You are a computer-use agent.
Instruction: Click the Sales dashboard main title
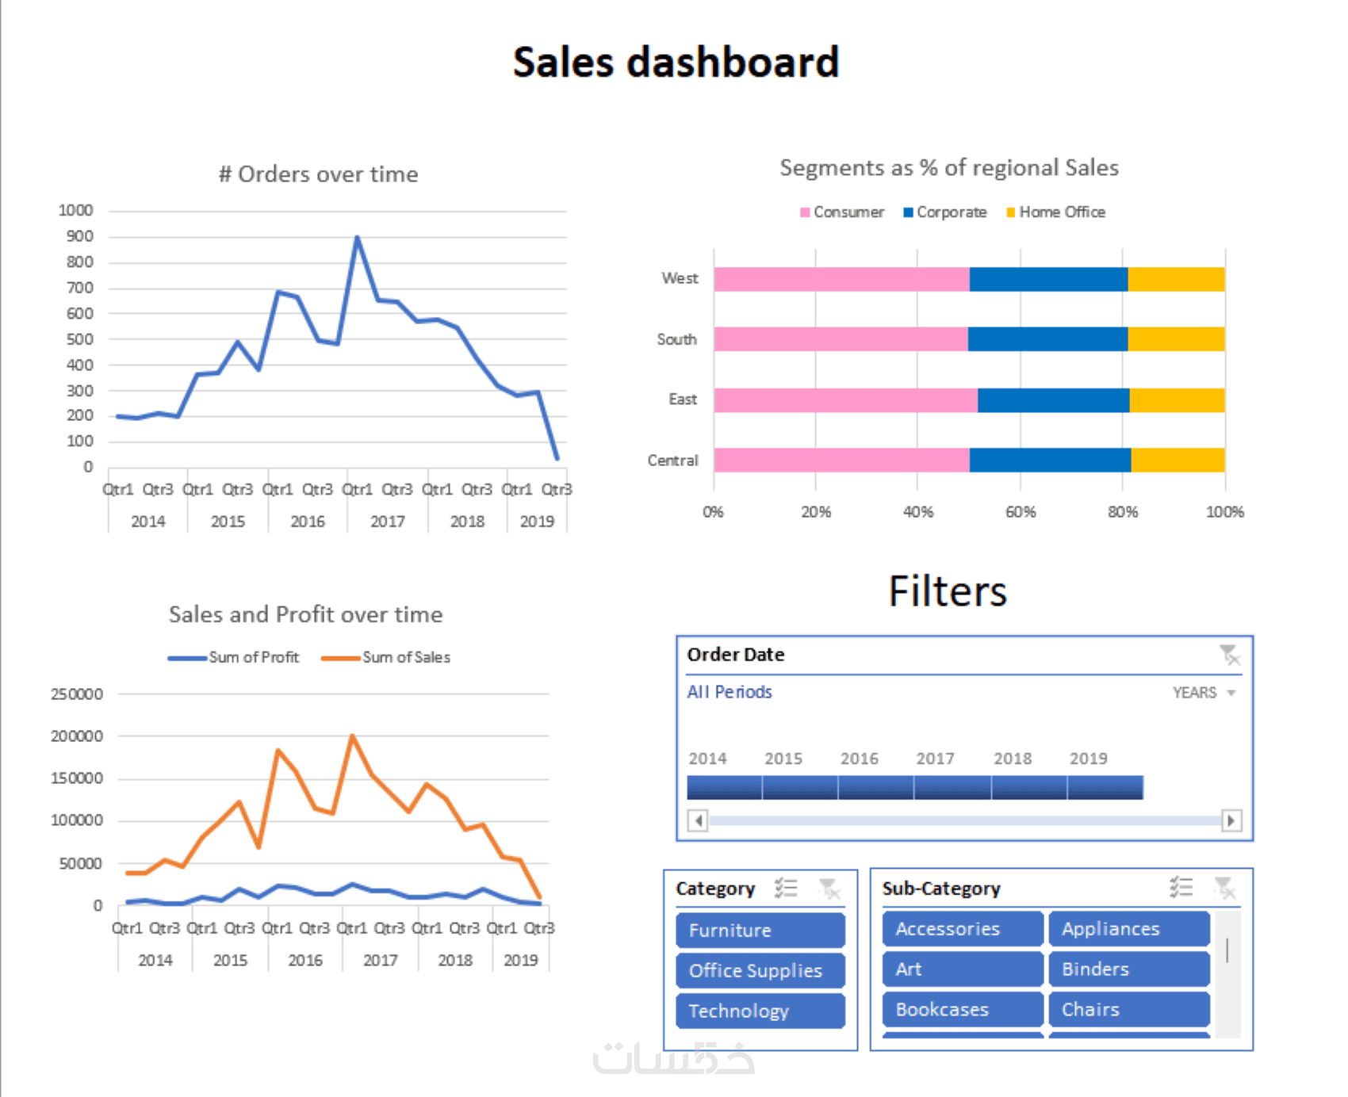676,63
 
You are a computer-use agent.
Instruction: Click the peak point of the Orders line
357,237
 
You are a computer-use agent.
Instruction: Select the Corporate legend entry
945,212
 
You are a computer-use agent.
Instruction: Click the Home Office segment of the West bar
1176,279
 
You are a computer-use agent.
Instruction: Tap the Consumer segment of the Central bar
841,461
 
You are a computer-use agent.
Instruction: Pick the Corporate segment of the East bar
1053,400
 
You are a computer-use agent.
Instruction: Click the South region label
676,339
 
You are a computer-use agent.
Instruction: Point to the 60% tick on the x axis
1021,512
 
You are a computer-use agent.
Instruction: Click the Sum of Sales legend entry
386,657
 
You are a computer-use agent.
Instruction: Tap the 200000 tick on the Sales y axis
77,736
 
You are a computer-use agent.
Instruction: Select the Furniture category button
760,931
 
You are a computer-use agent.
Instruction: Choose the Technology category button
760,1011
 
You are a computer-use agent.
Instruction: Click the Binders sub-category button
1129,969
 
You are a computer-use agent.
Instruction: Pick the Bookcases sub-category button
962,1010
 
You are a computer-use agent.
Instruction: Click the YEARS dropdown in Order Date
1204,693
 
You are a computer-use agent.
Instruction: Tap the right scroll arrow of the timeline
1231,820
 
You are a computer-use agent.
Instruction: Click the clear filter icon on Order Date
1229,656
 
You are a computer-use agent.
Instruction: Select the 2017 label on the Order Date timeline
935,759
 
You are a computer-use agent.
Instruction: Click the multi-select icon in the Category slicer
786,889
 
